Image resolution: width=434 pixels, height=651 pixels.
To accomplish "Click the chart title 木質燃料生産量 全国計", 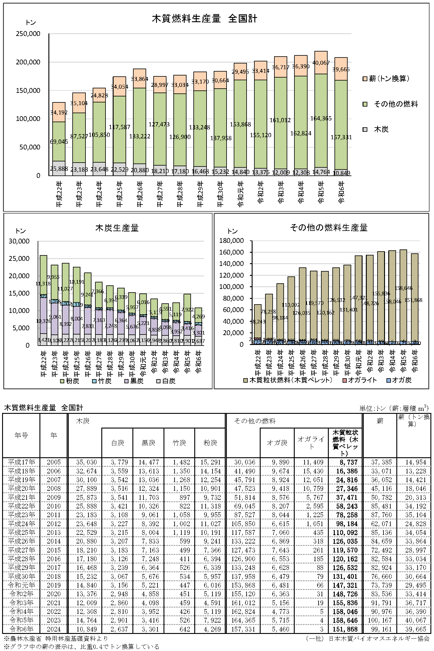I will tap(204, 19).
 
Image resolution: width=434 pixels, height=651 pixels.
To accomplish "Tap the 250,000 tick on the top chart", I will tap(28, 34).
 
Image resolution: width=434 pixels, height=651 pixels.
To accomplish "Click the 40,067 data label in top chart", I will tap(321, 63).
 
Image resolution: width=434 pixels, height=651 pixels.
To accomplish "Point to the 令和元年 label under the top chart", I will tap(241, 194).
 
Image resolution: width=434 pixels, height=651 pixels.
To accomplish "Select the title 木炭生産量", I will tap(117, 228).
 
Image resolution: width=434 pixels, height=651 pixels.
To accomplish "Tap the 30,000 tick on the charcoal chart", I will tap(19, 241).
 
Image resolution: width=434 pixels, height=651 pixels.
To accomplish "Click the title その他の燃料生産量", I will tap(328, 228).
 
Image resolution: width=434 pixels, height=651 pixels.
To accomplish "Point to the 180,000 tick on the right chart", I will tap(231, 240).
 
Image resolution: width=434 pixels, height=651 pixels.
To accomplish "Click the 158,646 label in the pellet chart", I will tap(404, 288).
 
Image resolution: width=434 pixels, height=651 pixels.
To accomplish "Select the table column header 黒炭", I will tap(148, 443).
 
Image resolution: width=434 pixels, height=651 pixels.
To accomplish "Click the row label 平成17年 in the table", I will tap(21, 462).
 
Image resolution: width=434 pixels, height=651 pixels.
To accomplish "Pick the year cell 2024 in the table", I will tap(54, 629).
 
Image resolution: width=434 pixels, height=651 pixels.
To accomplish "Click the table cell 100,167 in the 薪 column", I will tap(381, 620).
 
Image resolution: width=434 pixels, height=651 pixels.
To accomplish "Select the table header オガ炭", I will tap(277, 443).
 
